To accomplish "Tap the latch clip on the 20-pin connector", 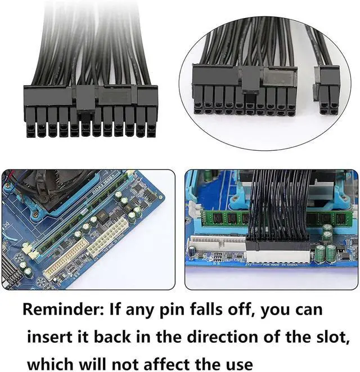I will click(x=248, y=83).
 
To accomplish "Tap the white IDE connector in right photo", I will click(x=217, y=248).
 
